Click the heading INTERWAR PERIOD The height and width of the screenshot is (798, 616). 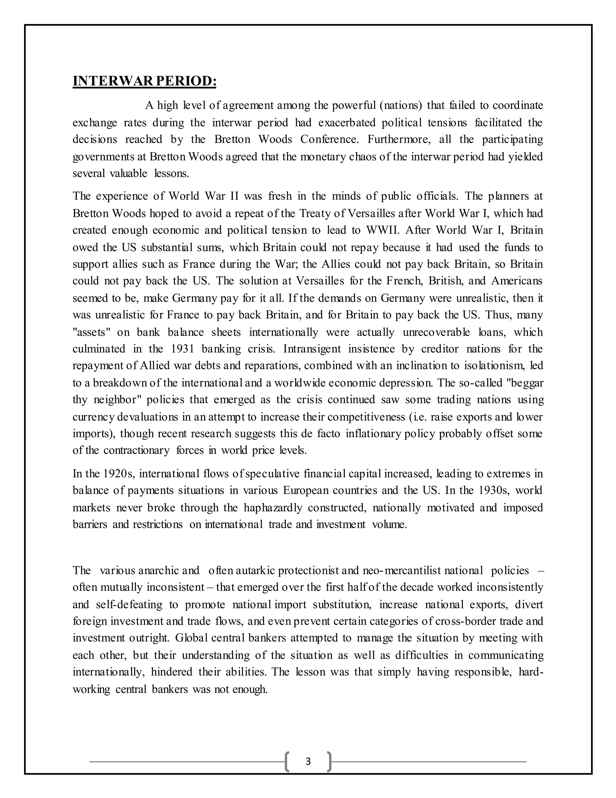[x=144, y=81]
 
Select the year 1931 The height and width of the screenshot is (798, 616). [x=183, y=349]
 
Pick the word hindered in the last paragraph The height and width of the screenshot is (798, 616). [x=171, y=672]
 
